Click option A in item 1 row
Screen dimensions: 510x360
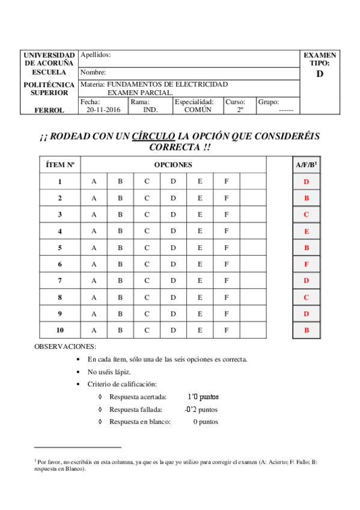94,182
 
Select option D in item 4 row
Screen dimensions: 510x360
173,231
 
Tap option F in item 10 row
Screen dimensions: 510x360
227,330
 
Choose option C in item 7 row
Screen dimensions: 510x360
147,281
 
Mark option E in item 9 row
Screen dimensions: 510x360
200,314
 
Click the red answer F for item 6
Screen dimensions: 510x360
307,264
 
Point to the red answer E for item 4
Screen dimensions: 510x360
307,231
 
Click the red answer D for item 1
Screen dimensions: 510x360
307,182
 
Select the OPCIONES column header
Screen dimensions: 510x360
173,165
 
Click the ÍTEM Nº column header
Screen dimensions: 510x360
59,165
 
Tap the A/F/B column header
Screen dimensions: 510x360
307,165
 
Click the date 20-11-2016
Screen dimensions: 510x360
103,110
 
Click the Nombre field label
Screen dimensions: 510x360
93,72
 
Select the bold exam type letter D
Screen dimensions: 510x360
319,74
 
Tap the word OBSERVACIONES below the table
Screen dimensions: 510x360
65,347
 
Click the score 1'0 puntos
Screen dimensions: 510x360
203,397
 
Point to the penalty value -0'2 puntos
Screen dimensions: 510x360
201,410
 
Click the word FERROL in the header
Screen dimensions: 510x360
49,110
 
